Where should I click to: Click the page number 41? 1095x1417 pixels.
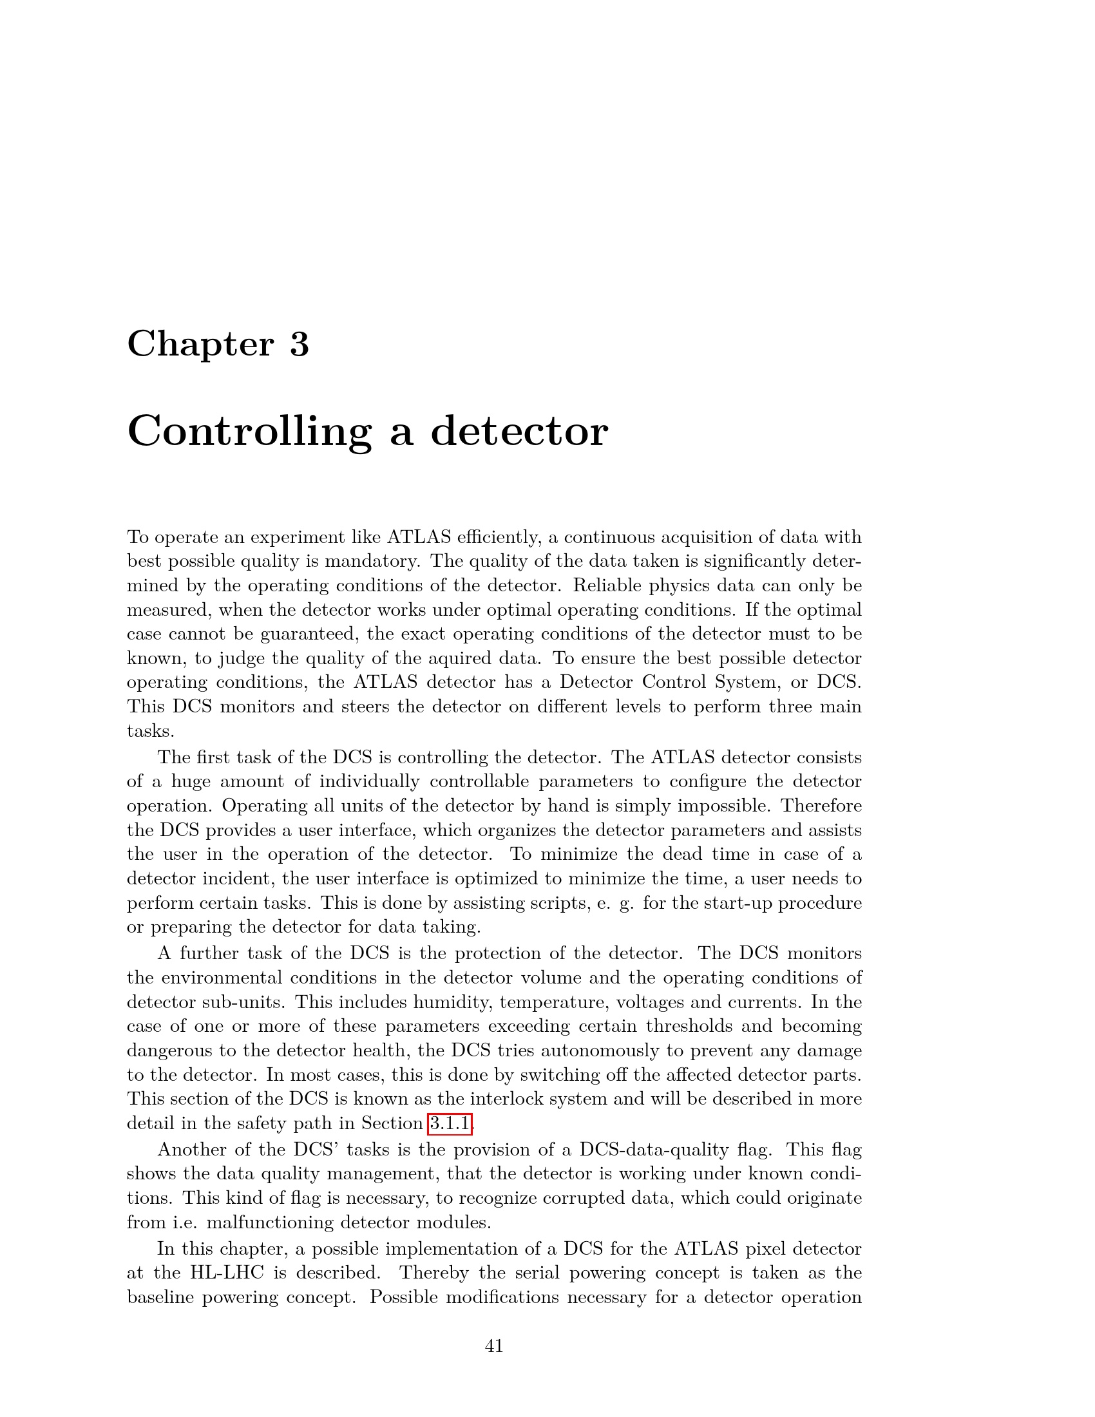pyautogui.click(x=494, y=1346)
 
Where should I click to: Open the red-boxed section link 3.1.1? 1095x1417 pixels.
pyautogui.click(x=450, y=1123)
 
